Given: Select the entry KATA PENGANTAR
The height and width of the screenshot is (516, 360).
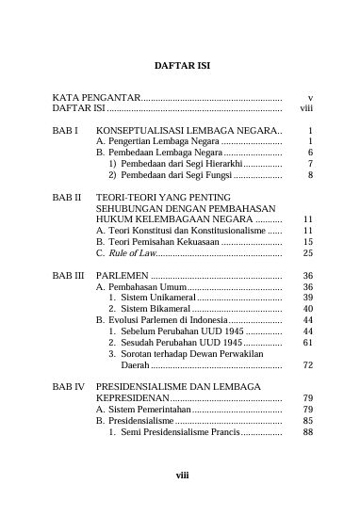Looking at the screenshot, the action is (95, 98).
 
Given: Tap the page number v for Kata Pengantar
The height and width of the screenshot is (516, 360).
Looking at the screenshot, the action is (310, 98).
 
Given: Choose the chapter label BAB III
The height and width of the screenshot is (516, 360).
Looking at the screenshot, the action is (69, 275).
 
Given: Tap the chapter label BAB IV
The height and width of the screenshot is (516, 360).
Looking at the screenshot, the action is (69, 387).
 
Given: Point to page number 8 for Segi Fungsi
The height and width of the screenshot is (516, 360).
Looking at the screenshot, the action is (310, 174).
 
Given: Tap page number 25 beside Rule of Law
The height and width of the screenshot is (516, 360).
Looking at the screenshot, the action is (307, 252).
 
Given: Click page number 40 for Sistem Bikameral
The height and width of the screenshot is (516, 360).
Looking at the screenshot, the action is (307, 309).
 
